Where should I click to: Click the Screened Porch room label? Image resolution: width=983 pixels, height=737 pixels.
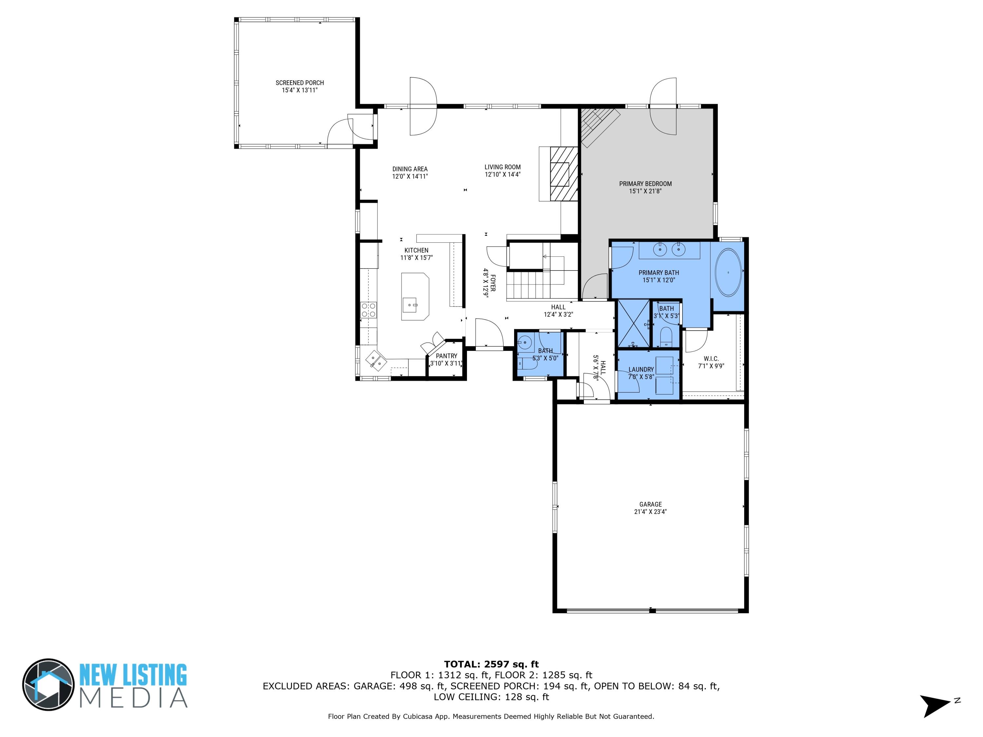pos(299,83)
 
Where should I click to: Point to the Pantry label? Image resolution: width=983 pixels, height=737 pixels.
pos(446,356)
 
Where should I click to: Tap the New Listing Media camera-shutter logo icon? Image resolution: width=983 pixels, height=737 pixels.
pos(48,685)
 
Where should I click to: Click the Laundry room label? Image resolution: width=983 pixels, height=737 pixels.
pos(641,369)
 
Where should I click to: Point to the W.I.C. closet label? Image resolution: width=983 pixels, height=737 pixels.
pos(711,359)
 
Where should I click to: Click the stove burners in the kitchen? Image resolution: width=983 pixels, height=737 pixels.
pos(369,310)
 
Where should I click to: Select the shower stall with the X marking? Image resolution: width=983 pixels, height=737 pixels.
pos(633,323)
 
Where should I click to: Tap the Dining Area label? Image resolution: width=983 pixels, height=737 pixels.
pos(410,169)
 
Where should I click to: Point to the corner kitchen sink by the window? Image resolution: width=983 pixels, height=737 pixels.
pos(376,360)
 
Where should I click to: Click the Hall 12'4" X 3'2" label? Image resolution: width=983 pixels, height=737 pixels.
pos(558,307)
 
